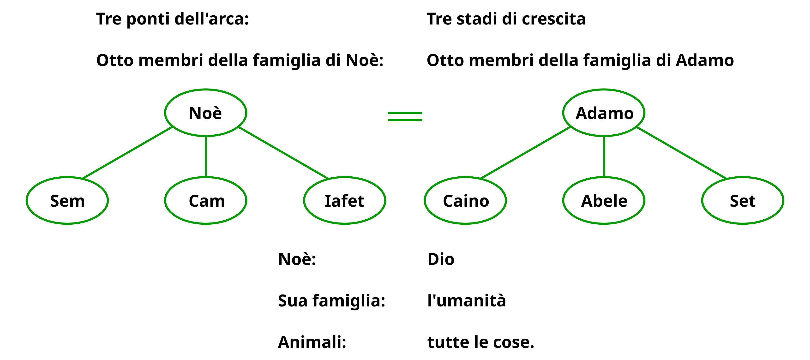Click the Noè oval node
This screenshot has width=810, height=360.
(x=205, y=113)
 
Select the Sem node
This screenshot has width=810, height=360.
(x=67, y=201)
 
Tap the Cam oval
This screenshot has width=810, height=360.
(x=206, y=201)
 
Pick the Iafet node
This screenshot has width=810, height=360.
(x=344, y=201)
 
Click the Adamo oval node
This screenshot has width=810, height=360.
(x=604, y=113)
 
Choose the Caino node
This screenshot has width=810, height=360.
(x=465, y=201)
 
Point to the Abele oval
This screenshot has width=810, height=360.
(x=604, y=201)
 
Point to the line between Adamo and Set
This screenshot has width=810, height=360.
(x=682, y=153)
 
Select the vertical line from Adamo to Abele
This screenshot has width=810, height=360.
(x=604, y=156)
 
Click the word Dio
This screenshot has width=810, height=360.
(x=441, y=259)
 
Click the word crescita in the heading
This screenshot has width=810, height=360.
(x=553, y=19)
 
